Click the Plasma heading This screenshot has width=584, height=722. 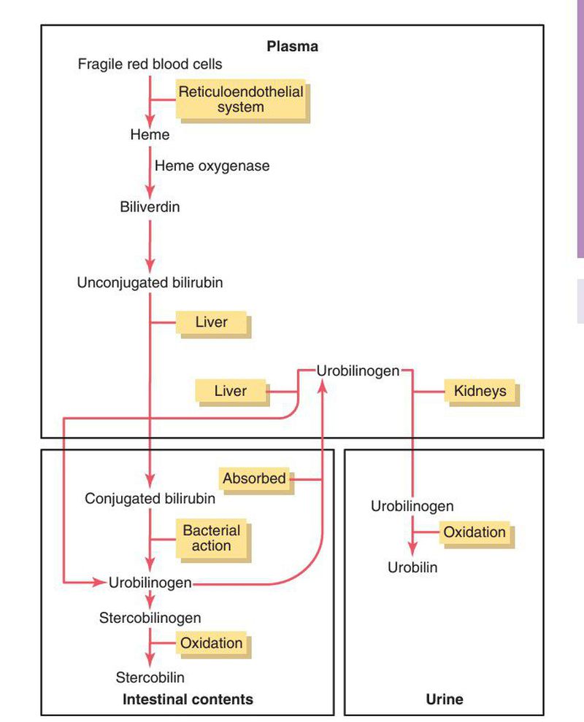292,47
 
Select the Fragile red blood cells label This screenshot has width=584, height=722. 150,64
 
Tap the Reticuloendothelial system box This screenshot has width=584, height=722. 241,99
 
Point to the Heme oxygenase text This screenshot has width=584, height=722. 212,166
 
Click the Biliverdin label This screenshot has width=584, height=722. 150,207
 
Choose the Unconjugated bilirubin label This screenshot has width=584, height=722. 150,282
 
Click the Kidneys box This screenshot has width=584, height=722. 480,392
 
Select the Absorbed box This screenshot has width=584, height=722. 255,479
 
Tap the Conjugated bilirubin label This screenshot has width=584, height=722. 150,500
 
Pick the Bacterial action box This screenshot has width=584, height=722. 211,538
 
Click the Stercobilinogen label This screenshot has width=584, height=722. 150,618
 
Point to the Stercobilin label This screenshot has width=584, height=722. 150,678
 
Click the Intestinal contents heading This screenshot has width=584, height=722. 188,699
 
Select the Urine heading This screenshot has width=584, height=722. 444,699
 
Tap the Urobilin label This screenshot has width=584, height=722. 412,567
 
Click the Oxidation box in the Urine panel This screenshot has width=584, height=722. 474,532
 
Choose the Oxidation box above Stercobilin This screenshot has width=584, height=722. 211,643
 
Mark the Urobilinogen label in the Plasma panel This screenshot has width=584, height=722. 358,370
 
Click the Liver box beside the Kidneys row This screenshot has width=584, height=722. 230,392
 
